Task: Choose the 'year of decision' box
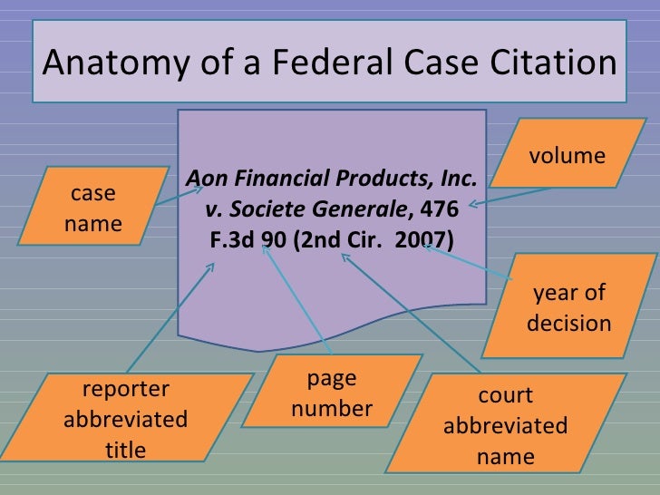tap(569, 307)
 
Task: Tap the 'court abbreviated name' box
tap(505, 426)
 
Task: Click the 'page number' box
tap(332, 393)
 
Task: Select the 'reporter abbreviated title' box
tap(126, 419)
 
